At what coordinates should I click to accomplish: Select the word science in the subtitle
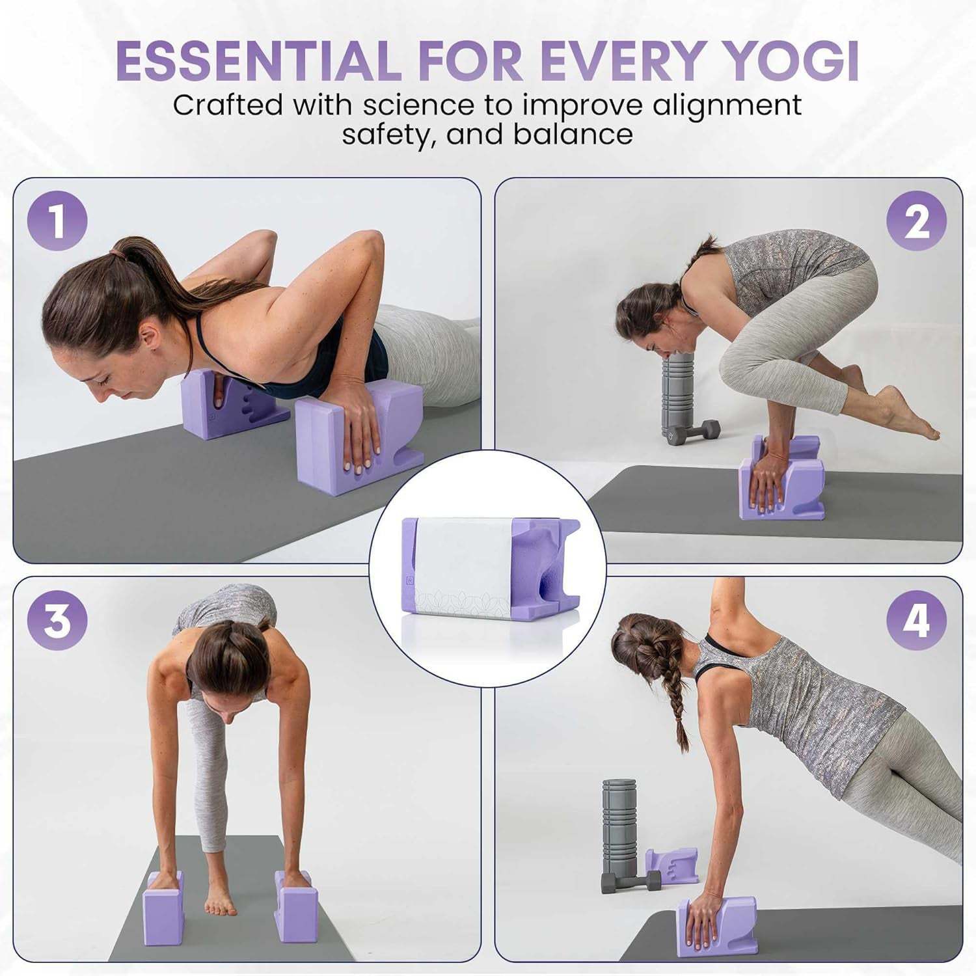click(418, 105)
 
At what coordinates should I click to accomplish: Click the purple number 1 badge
click(57, 221)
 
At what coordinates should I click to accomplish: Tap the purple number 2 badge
click(916, 221)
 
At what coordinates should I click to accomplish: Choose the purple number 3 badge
click(57, 620)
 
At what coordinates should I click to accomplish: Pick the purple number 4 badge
click(916, 620)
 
